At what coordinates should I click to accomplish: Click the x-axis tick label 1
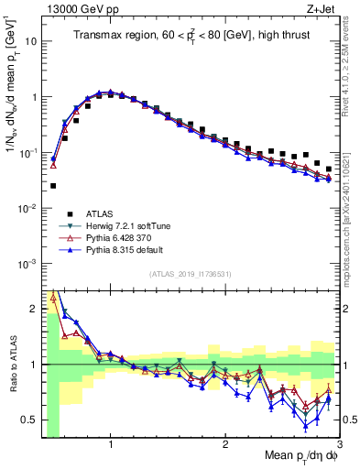coord(111,444)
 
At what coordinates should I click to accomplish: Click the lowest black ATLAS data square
coord(53,186)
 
